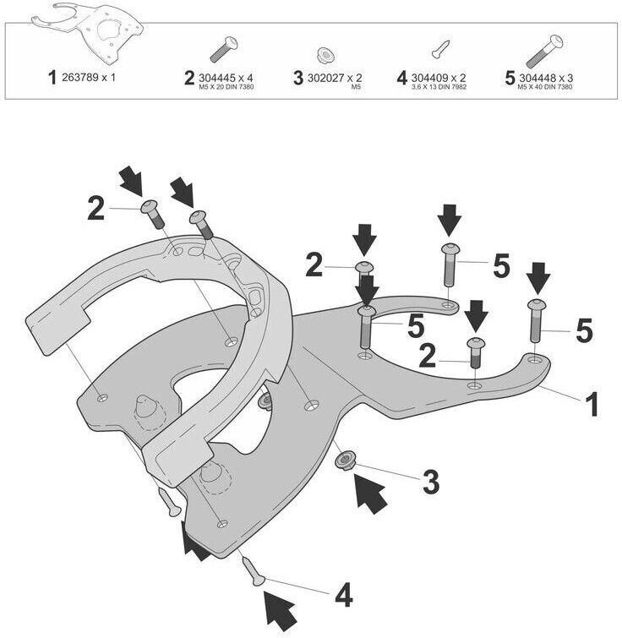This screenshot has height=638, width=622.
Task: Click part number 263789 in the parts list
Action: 79,77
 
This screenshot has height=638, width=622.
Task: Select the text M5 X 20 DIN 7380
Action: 226,87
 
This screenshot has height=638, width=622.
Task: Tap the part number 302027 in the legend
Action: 326,78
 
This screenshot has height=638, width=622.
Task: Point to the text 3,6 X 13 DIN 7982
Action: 439,87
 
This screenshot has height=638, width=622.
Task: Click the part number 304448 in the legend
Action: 537,78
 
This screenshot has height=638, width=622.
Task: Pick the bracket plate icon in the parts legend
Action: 88,33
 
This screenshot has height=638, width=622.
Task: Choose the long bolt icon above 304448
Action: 544,52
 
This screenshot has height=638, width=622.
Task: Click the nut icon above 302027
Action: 325,55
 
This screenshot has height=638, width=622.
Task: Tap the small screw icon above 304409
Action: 440,49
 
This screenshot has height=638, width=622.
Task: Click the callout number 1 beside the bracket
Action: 591,404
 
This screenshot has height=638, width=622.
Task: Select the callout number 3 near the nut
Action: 431,482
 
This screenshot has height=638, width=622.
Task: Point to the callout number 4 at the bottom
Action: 344,594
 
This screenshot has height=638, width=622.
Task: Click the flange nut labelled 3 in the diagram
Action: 346,461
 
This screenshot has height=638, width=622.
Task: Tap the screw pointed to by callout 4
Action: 253,571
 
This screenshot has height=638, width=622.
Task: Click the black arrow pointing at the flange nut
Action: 369,493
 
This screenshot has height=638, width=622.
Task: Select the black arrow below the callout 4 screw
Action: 281,611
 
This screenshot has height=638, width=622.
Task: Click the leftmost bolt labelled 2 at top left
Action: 152,213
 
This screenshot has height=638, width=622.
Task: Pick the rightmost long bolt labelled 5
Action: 537,321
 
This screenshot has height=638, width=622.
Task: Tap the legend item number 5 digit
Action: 510,78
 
